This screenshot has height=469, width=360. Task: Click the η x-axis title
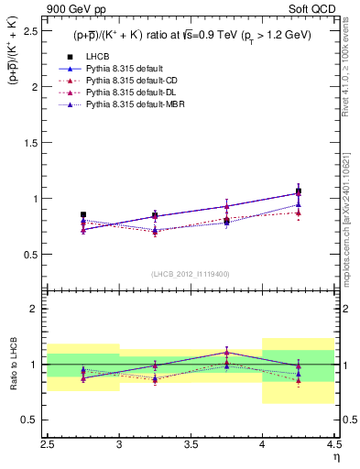pos(335,457)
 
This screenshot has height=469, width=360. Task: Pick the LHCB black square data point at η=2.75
pos(83,214)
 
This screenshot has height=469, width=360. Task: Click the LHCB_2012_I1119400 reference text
pos(191,274)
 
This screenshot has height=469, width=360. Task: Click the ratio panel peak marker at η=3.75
pos(226,352)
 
